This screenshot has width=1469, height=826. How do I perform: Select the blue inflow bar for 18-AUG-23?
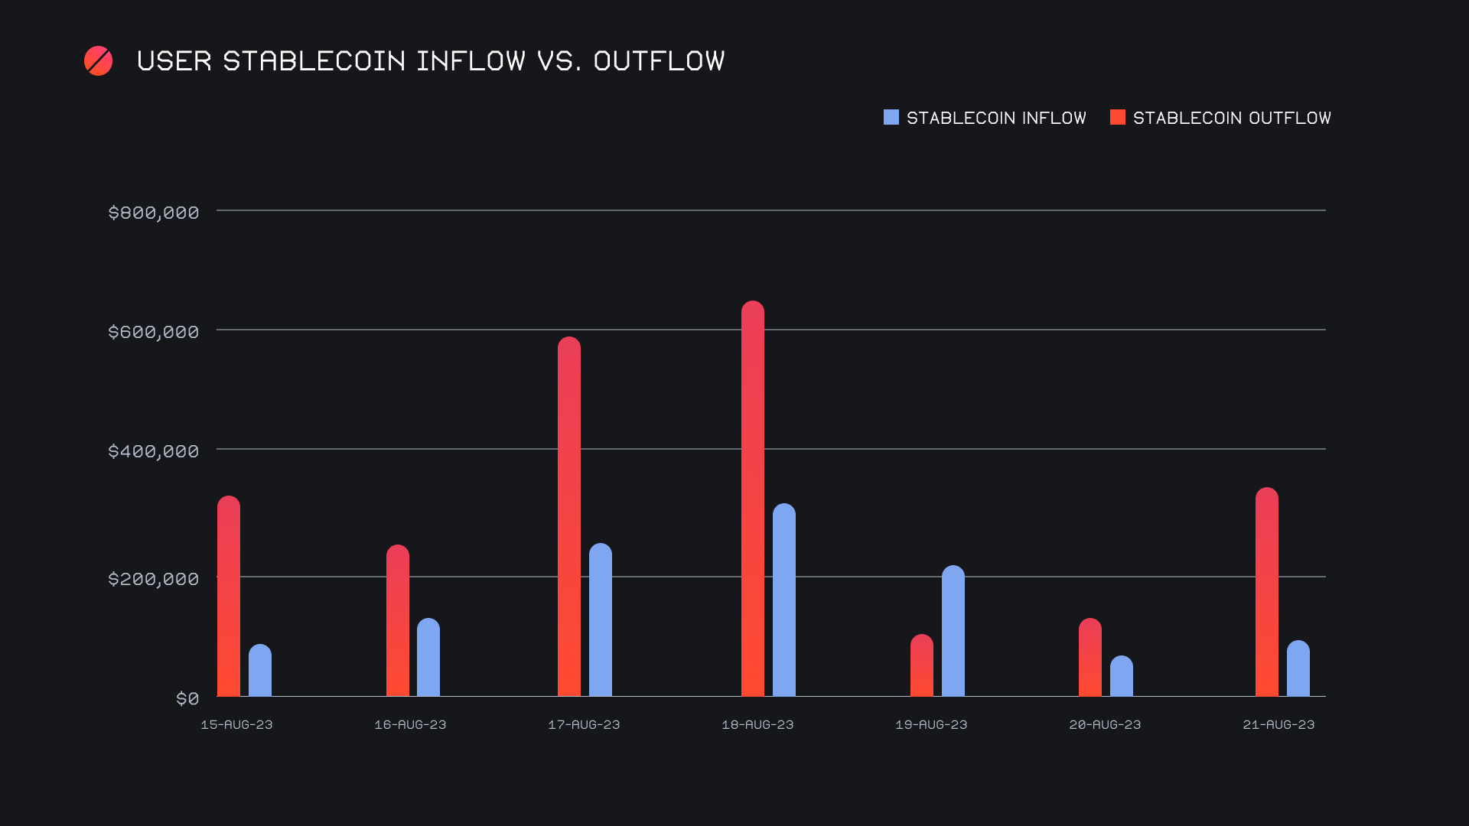click(x=784, y=600)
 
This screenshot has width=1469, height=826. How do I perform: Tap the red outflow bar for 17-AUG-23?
click(x=569, y=517)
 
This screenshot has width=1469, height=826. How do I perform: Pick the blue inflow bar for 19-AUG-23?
click(x=953, y=631)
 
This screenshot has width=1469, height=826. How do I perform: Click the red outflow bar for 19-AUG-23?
click(x=922, y=665)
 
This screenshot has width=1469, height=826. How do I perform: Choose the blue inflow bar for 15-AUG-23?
click(x=260, y=671)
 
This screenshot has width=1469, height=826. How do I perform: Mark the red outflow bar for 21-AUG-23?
click(x=1267, y=592)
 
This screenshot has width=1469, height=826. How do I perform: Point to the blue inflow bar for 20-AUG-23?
click(x=1122, y=676)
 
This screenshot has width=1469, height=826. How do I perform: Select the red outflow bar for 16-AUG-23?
click(x=398, y=621)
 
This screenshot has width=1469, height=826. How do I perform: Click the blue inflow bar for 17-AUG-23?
click(x=601, y=620)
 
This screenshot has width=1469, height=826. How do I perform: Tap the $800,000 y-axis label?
click(x=154, y=213)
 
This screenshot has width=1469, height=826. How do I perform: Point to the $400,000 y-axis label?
click(x=154, y=451)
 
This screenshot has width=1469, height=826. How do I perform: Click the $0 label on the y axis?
click(x=187, y=698)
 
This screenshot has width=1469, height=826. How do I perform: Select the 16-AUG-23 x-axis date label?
click(x=410, y=724)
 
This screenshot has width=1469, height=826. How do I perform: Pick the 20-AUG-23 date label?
click(x=1105, y=724)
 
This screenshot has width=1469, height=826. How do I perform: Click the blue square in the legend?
click(x=891, y=117)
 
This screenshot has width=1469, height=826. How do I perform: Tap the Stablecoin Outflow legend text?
click(x=1232, y=118)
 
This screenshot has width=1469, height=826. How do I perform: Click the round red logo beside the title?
click(x=99, y=61)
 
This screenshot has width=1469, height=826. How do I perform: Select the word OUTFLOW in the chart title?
click(x=659, y=61)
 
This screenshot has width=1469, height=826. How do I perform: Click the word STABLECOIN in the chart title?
click(x=314, y=61)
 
